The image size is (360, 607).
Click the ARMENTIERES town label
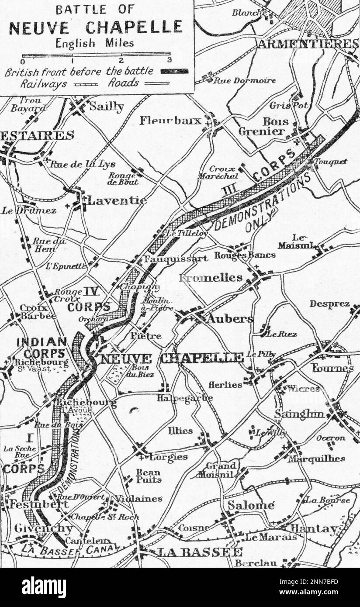[x=307, y=44]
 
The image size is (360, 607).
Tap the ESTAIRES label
[x=37, y=135]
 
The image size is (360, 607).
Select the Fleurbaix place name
[x=170, y=121]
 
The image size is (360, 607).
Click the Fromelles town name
[x=211, y=278]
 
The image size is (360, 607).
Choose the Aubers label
[x=229, y=319]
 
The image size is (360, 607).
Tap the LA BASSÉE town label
[x=199, y=552]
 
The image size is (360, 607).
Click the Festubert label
[x=38, y=504]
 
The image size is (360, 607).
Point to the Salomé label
[x=251, y=505]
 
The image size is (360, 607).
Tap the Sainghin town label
[x=300, y=414]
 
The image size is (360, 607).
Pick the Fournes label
[x=332, y=368]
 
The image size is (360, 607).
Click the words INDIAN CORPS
[x=42, y=348]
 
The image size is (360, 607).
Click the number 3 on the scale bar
[x=170, y=60]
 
